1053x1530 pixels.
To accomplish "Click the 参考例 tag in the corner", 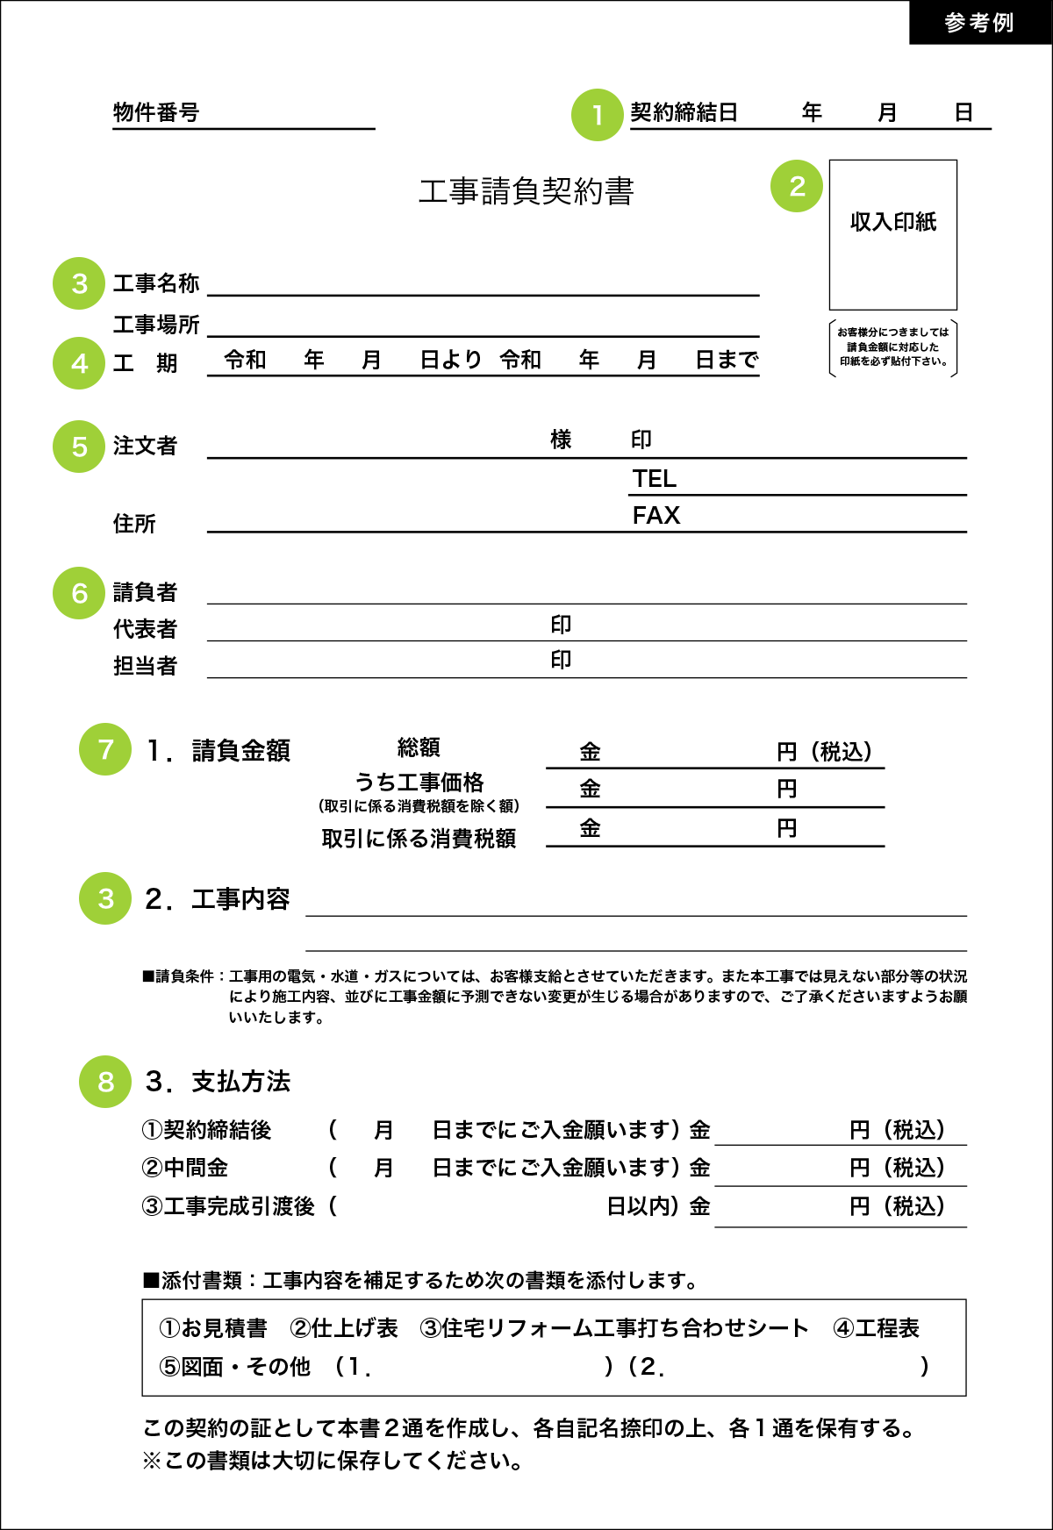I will pos(979,22).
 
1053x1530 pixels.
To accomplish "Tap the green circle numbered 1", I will pos(597,115).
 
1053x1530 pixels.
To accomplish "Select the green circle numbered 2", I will pos(797,186).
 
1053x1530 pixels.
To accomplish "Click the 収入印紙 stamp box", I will pos(892,233).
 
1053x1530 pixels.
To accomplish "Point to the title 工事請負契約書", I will pos(526,191).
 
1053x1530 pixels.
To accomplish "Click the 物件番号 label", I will pos(156,112).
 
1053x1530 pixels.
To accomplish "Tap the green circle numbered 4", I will pos(79,363).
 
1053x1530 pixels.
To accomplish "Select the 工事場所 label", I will pos(156,325).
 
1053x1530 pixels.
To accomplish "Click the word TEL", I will pos(655,479).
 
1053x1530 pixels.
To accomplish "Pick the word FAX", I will pos(656,516).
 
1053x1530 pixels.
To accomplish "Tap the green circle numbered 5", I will pos(79,447).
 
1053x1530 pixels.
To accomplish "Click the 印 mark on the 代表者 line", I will pos(561,625).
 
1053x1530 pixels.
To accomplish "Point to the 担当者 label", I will pos(145,666).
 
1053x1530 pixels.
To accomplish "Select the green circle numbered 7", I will pos(105,749).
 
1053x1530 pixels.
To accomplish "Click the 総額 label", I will pos(419,747).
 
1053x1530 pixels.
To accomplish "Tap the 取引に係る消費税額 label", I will pos(419,839).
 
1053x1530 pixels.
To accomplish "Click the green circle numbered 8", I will pos(105,1082).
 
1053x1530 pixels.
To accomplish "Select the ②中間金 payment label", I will pos(185,1168).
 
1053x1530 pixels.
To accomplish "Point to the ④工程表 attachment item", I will pos(876,1328).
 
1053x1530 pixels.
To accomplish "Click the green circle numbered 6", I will pos(79,594).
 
